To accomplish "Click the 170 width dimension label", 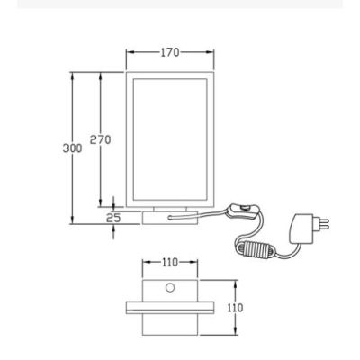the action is click(x=170, y=52).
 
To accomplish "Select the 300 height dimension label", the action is click(x=72, y=148).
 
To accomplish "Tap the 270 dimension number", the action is click(x=101, y=139).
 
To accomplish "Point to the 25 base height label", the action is click(x=113, y=218).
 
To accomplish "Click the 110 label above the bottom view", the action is click(x=170, y=263).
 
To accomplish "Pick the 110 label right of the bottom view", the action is click(x=235, y=308).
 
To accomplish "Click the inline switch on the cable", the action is click(x=243, y=211).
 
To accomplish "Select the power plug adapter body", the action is click(x=301, y=229).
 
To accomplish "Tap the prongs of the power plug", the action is click(x=321, y=222).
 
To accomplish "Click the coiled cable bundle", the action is click(x=256, y=249).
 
